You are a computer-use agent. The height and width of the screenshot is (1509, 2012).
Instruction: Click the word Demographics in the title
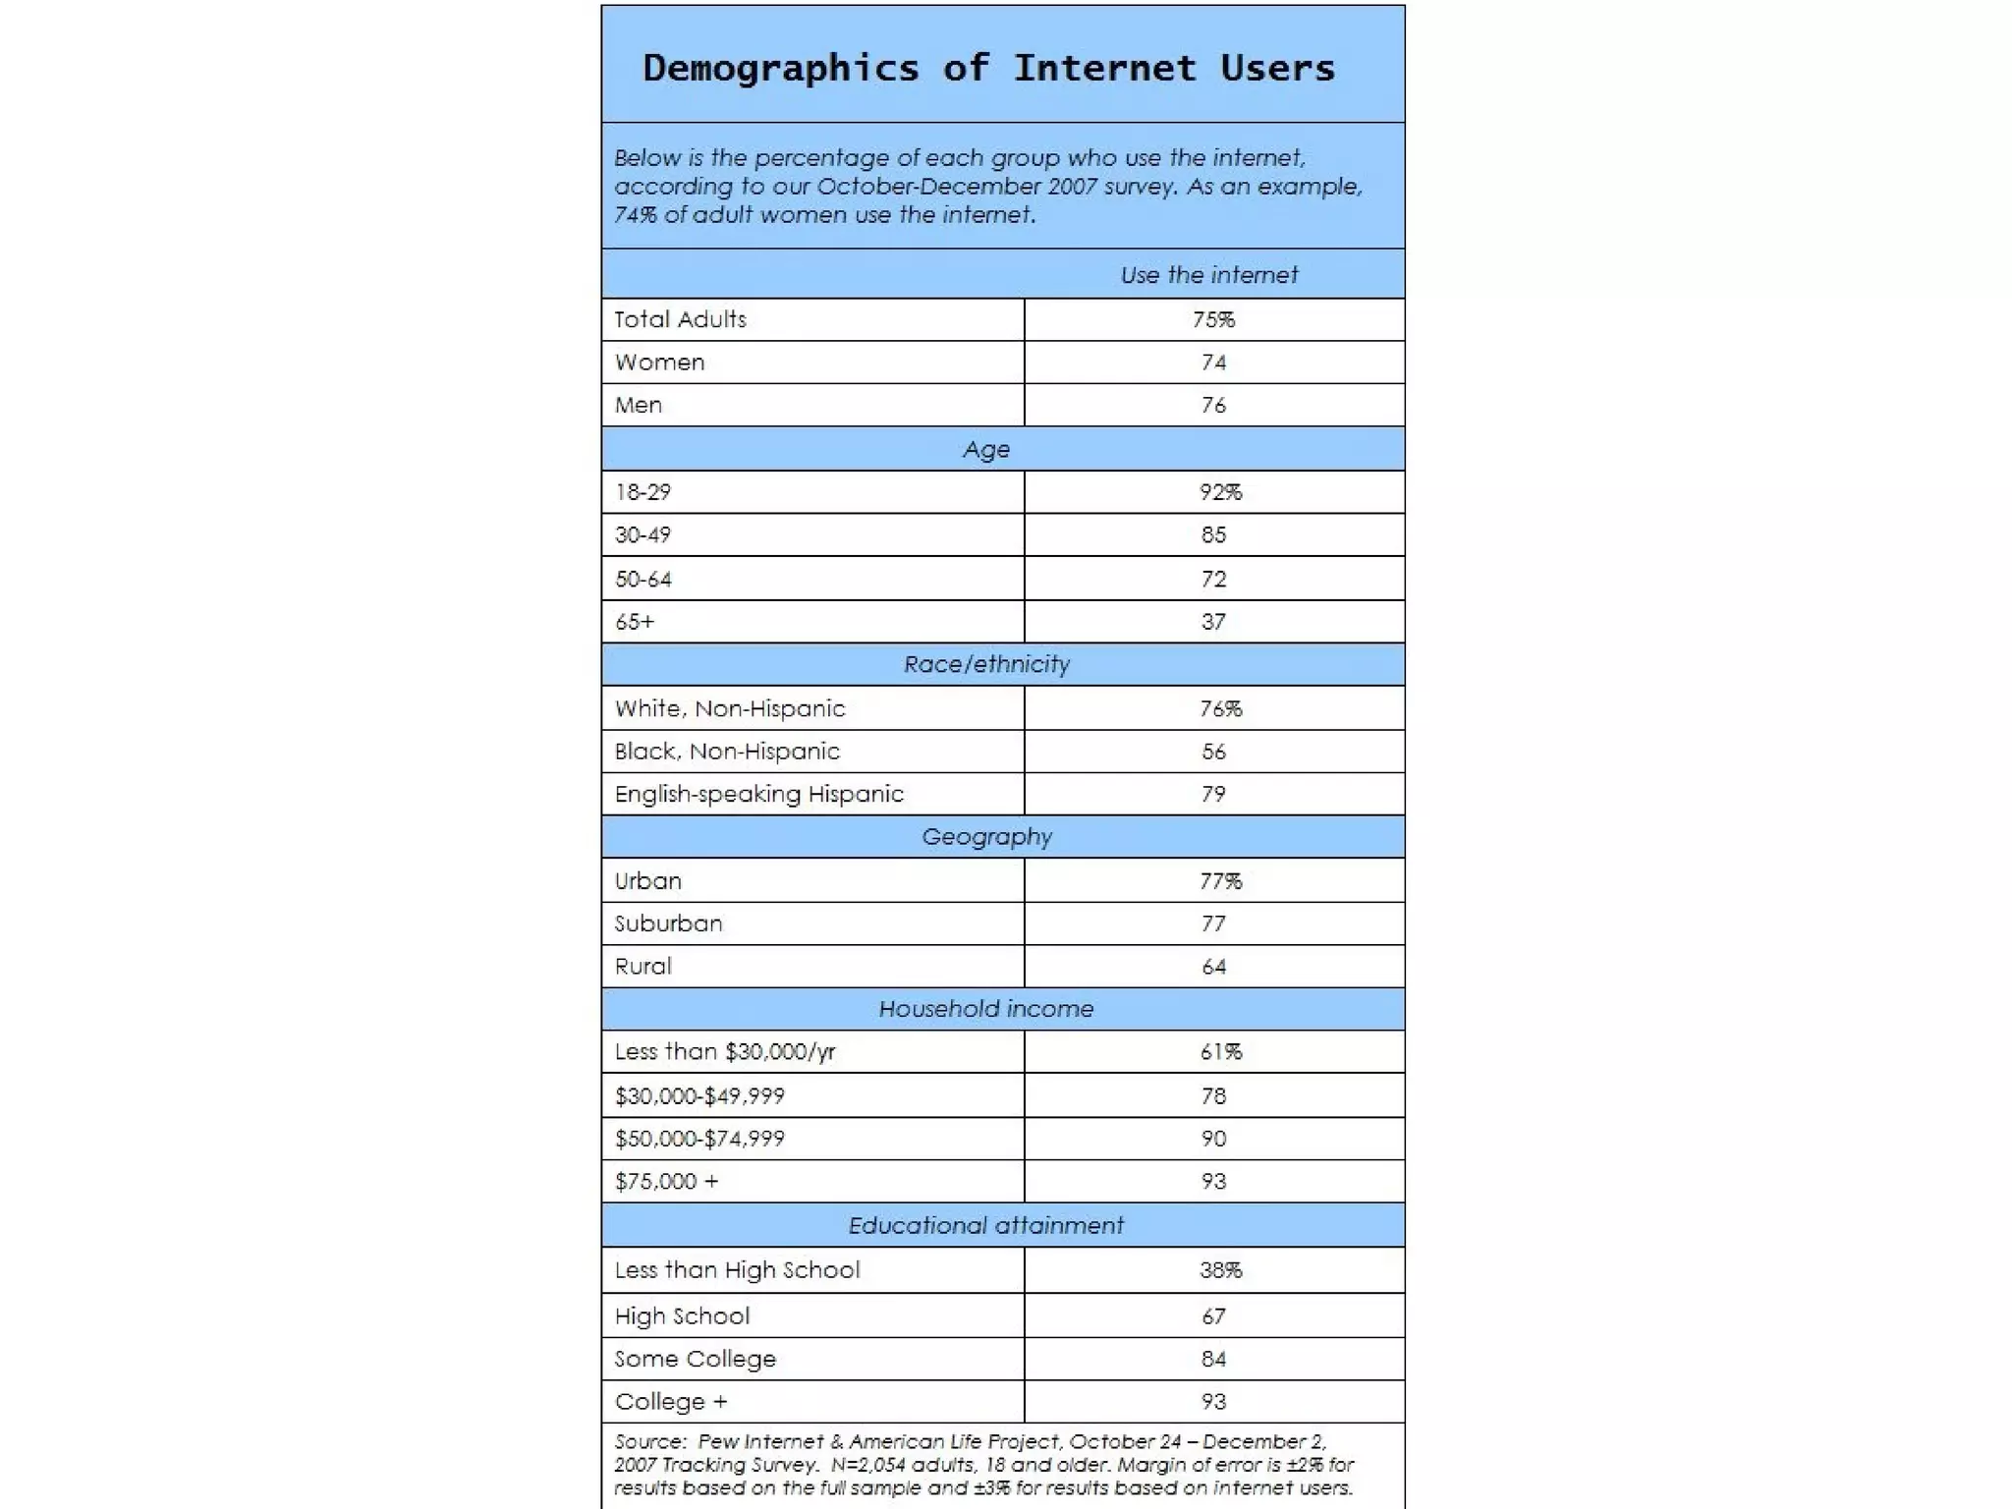pyautogui.click(x=781, y=69)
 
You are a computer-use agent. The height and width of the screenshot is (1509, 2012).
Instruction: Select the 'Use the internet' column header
pyautogui.click(x=1208, y=275)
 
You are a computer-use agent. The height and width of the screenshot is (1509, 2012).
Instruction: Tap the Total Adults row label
pyautogui.click(x=680, y=319)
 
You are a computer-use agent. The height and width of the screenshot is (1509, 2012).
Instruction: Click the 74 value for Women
pyautogui.click(x=1213, y=363)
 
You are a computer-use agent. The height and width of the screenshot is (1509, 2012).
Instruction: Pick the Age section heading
pyautogui.click(x=986, y=449)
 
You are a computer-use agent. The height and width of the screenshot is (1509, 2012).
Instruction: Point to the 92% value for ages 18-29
pyautogui.click(x=1220, y=492)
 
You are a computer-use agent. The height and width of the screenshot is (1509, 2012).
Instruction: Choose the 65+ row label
pyautogui.click(x=635, y=622)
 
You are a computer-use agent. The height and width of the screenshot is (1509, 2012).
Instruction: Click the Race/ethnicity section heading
pyautogui.click(x=986, y=664)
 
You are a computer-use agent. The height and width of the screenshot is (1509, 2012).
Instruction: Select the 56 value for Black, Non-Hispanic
pyautogui.click(x=1213, y=752)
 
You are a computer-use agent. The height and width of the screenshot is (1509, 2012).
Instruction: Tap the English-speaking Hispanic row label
pyautogui.click(x=758, y=794)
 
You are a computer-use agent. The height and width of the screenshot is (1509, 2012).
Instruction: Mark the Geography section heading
pyautogui.click(x=986, y=837)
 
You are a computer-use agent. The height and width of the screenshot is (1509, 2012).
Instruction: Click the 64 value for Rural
pyautogui.click(x=1213, y=967)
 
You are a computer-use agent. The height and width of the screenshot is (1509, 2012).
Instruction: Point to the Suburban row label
pyautogui.click(x=668, y=923)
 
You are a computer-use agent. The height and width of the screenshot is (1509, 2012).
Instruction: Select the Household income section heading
pyautogui.click(x=986, y=1009)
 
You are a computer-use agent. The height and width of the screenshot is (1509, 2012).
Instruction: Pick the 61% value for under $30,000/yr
pyautogui.click(x=1220, y=1052)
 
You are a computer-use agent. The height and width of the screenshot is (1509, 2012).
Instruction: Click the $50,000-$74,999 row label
pyautogui.click(x=699, y=1139)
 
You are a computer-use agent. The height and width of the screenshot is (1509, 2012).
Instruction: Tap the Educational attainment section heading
pyautogui.click(x=986, y=1225)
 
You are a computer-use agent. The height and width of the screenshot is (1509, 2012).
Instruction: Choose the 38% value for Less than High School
pyautogui.click(x=1220, y=1270)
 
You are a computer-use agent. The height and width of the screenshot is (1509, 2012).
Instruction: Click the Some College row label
pyautogui.click(x=695, y=1359)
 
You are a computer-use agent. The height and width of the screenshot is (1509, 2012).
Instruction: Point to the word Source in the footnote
pyautogui.click(x=649, y=1442)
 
